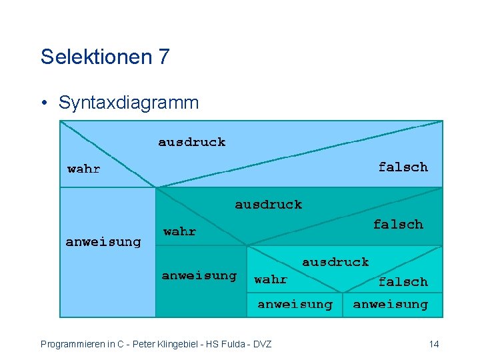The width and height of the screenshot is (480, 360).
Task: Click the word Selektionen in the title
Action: pyautogui.click(x=96, y=57)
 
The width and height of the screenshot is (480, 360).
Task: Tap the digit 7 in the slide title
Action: pyautogui.click(x=164, y=57)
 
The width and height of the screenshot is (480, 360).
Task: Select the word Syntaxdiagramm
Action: pyautogui.click(x=129, y=103)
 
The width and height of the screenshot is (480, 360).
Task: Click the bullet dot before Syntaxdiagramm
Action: pyautogui.click(x=44, y=103)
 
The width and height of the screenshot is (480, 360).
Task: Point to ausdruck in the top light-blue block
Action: pyautogui.click(x=191, y=142)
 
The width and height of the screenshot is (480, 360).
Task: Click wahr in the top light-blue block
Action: pyautogui.click(x=84, y=169)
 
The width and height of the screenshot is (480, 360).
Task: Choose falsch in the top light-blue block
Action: pyautogui.click(x=403, y=167)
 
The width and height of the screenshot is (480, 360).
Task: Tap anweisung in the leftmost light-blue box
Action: pyautogui.click(x=103, y=241)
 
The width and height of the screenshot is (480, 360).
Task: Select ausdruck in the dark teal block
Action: pyautogui.click(x=268, y=205)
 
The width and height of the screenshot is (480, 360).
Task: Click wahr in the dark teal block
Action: pyautogui.click(x=180, y=232)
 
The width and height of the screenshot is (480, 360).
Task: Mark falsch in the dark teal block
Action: pyautogui.click(x=398, y=224)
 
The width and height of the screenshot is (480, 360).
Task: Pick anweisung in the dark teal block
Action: pyautogui.click(x=199, y=275)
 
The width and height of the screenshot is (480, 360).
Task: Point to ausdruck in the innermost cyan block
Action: pyautogui.click(x=335, y=262)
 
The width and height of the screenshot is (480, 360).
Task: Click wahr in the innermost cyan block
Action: pyautogui.click(x=271, y=280)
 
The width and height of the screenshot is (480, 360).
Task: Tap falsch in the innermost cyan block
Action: pyautogui.click(x=403, y=281)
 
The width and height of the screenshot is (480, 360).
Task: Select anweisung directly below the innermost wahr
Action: pyautogui.click(x=295, y=304)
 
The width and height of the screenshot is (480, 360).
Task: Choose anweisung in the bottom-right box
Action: pyautogui.click(x=391, y=304)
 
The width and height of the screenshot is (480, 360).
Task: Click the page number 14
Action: pyautogui.click(x=434, y=344)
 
